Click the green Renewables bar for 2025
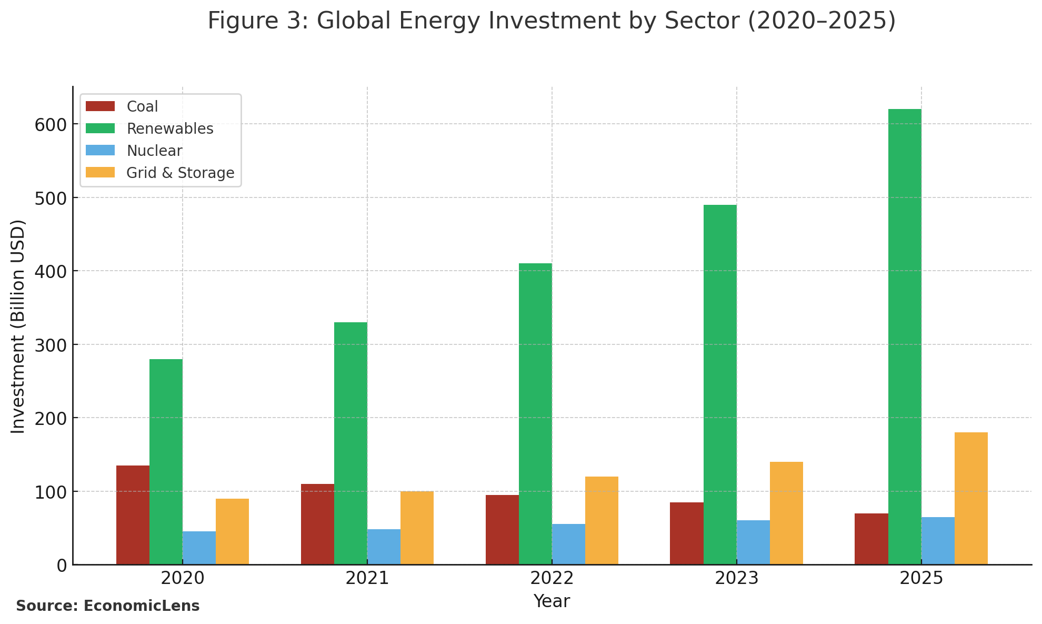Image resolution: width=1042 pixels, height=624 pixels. point(905,337)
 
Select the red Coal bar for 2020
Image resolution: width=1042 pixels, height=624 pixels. point(133,515)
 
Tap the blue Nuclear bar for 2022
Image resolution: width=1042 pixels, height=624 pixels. point(568,544)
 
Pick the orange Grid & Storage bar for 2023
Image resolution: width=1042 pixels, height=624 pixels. point(786,513)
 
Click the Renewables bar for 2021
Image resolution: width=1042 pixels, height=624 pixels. point(350,443)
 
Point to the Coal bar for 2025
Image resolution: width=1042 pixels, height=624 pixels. point(871,539)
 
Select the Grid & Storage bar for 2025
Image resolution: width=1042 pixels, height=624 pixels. point(971,498)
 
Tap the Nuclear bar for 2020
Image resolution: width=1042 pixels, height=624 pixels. point(199,548)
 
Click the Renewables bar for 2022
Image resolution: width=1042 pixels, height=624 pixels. point(535,414)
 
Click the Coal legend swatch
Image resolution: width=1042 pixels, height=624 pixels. point(100,106)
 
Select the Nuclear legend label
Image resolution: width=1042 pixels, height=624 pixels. point(154,151)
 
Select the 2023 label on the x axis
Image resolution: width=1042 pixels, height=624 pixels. point(736,579)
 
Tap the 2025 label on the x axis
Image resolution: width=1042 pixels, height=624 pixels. point(921,579)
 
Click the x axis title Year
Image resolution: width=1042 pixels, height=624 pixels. point(552,601)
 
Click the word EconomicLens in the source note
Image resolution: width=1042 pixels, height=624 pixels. point(142,606)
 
